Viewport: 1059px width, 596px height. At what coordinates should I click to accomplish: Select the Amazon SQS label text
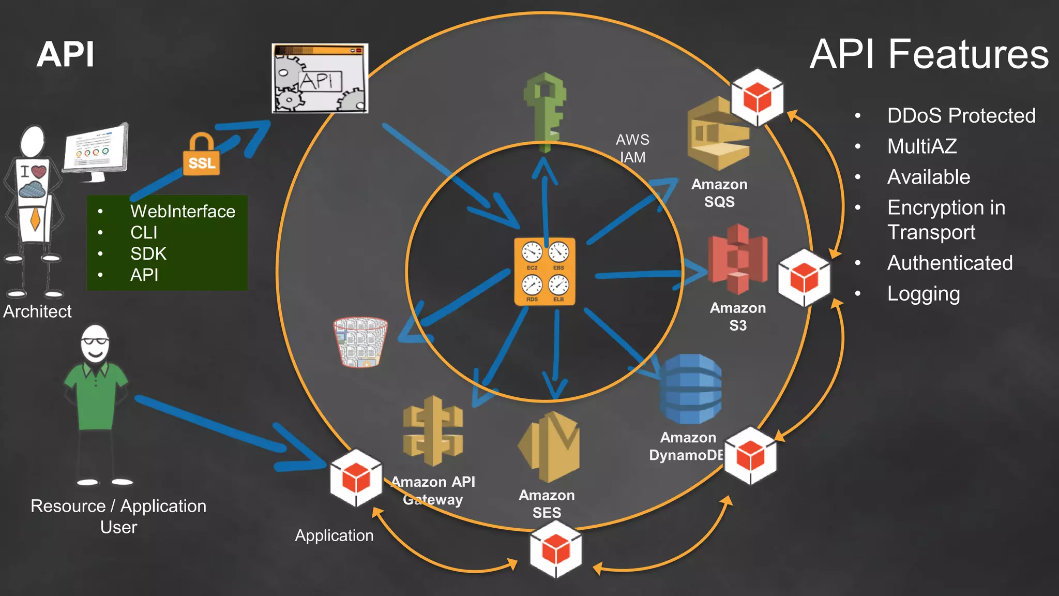pos(719,193)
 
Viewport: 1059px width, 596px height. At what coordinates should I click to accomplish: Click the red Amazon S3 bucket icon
pos(737,259)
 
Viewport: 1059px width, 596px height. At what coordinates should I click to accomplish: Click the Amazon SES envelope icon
pos(549,446)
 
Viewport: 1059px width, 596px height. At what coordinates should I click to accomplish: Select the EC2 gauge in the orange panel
pos(532,254)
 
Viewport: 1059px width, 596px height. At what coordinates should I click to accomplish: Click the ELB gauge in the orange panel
pos(558,286)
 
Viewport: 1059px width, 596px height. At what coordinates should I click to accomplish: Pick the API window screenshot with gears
pos(320,78)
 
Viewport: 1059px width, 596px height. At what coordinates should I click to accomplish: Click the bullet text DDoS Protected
pos(961,116)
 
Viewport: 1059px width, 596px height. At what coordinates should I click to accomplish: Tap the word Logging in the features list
pos(924,294)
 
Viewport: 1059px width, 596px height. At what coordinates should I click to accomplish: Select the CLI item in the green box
pos(144,233)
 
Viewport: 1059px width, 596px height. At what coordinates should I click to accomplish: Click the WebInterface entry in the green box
pos(183,212)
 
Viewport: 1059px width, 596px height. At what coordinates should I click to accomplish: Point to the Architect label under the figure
pos(37,311)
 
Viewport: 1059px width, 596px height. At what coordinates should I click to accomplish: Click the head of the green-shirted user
pos(95,344)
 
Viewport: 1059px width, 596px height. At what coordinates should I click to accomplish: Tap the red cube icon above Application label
pos(356,478)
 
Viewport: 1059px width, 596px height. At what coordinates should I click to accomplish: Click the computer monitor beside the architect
pos(96,150)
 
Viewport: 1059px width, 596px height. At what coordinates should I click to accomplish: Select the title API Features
pos(929,54)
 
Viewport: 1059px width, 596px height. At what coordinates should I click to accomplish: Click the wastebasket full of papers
pos(360,342)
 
